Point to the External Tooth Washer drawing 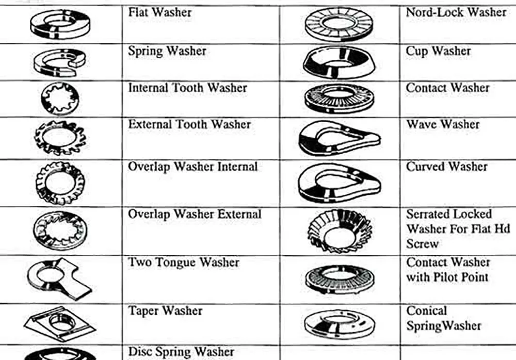click(60, 137)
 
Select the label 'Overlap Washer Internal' click(192, 167)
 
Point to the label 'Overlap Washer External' click(195, 214)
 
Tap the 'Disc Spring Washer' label click(181, 352)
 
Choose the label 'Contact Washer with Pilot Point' click(447, 269)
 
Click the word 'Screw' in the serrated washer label click(422, 243)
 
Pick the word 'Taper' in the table click(143, 311)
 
